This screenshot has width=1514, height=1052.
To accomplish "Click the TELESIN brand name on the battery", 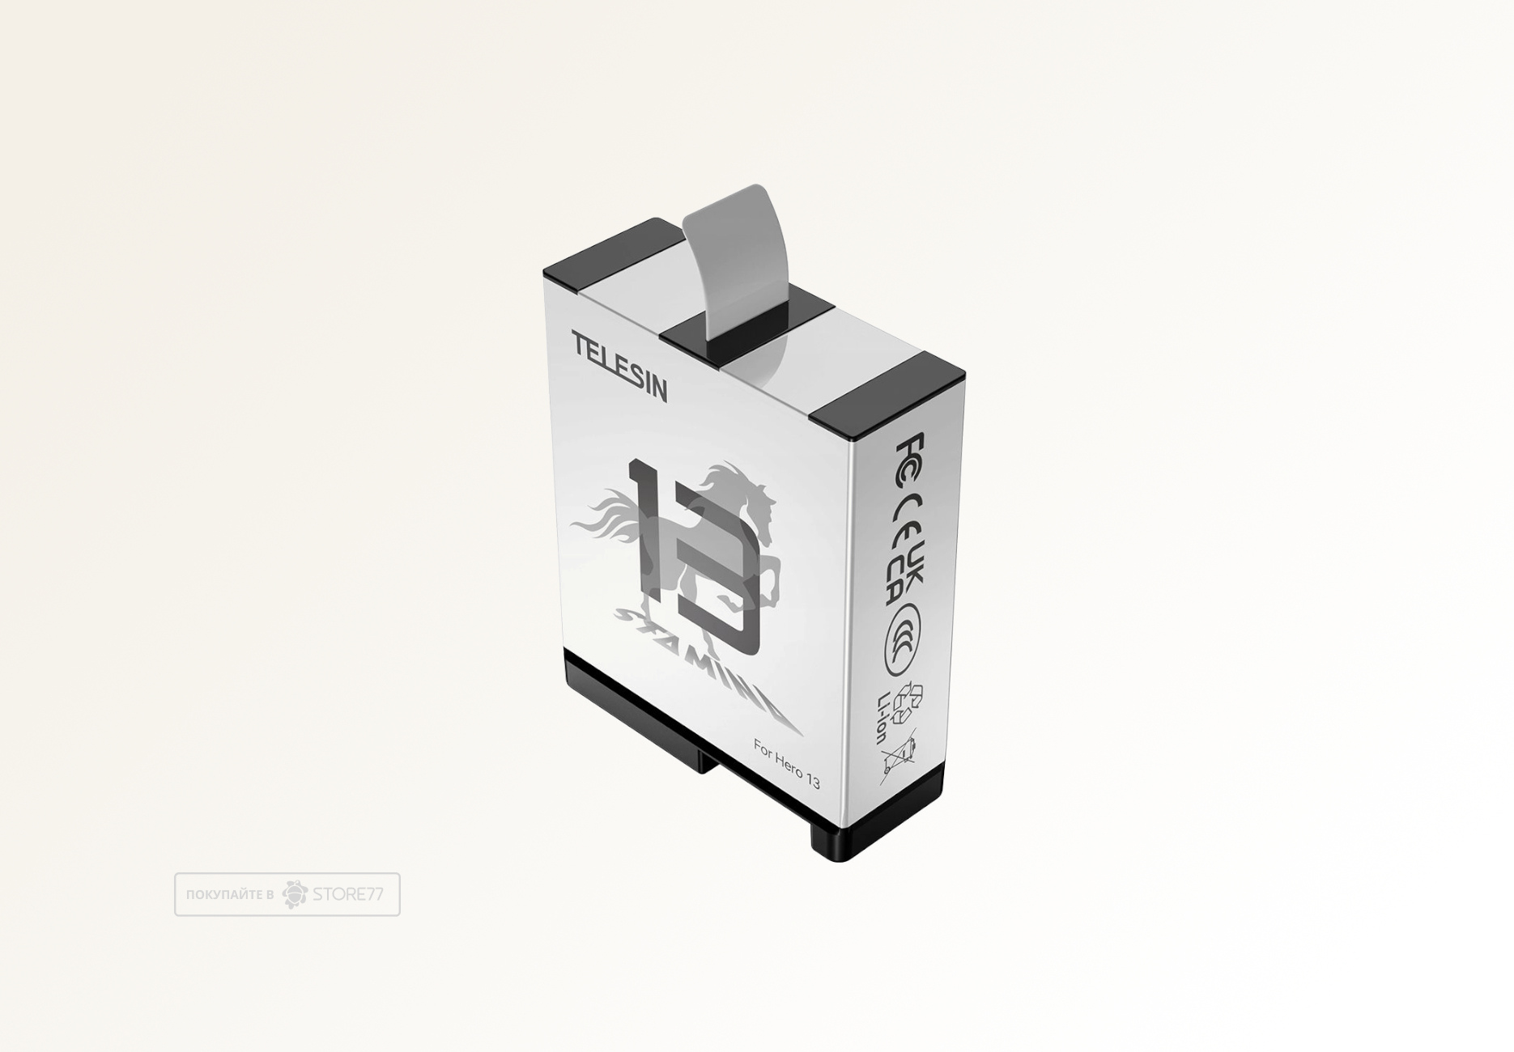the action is [x=619, y=366].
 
